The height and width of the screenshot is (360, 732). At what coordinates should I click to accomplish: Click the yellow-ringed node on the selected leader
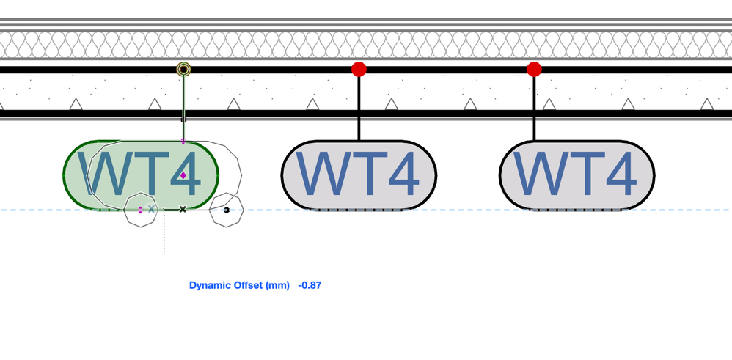(x=183, y=70)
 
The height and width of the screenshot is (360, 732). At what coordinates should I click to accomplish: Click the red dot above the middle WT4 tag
(x=359, y=69)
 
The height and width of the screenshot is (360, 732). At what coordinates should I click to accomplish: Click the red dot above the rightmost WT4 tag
(x=534, y=69)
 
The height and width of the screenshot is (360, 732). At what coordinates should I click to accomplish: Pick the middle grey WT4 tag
(x=359, y=175)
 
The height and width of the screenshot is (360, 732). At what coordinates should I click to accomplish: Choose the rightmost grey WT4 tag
(x=577, y=175)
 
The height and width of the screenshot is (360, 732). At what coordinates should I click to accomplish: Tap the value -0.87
(x=310, y=284)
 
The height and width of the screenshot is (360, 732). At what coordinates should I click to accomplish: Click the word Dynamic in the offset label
(x=210, y=284)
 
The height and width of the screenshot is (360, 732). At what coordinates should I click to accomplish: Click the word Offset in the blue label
(x=249, y=284)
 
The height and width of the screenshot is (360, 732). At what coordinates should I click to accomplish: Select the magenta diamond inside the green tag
(x=183, y=175)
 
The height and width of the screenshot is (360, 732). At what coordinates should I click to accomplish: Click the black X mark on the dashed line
(x=183, y=210)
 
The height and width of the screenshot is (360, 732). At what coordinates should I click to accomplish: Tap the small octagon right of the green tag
(x=226, y=210)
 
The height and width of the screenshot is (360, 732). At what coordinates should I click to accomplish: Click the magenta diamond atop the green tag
(x=183, y=141)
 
